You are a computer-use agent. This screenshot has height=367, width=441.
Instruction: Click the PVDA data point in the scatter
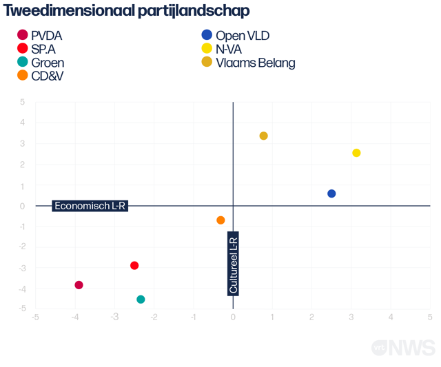pos(79,285)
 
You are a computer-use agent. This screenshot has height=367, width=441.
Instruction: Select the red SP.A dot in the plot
pos(134,266)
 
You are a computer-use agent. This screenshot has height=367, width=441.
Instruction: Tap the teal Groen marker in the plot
pos(141,300)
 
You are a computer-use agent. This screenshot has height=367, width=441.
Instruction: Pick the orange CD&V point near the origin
pos(220,220)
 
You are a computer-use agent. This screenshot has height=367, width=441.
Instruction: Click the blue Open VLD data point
pos(331,193)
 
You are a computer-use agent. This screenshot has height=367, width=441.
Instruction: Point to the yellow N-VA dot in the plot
pos(356,153)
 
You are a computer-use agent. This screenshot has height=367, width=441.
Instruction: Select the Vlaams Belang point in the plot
pos(263,136)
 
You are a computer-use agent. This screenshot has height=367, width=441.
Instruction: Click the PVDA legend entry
pos(46,36)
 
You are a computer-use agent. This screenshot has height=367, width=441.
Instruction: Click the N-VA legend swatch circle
pos(206,49)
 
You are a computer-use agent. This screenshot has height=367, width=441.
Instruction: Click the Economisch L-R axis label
pos(90,205)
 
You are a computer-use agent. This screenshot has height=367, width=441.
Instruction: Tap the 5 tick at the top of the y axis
pos(23,103)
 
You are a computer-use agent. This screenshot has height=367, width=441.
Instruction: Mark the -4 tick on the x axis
pos(75,317)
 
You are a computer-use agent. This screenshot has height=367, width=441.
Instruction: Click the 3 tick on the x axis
pos(351,317)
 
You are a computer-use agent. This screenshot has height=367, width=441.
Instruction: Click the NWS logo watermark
pos(404,348)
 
